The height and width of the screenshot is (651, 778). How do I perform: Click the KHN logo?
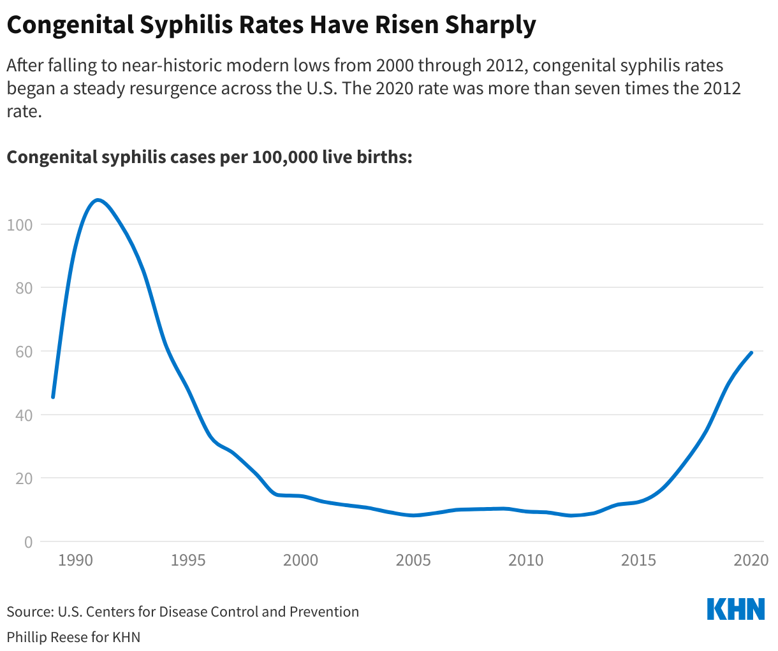[736, 609]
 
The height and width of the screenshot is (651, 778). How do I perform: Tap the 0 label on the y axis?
[27, 542]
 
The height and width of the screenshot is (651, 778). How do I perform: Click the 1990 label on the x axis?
[75, 561]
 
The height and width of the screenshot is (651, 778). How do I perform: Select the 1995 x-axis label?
[188, 561]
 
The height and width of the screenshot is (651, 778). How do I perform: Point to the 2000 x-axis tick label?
[300, 561]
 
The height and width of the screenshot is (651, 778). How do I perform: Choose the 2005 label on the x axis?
[413, 561]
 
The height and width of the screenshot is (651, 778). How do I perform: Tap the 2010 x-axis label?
[526, 561]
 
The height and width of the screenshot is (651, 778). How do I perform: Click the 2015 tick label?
[638, 561]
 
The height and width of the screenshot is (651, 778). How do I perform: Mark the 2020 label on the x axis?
[751, 561]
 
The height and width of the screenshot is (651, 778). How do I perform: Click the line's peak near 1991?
[97, 200]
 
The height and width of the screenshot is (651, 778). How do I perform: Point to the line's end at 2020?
[751, 352]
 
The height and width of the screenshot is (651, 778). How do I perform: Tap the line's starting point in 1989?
[53, 397]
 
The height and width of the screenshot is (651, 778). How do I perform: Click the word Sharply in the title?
[490, 25]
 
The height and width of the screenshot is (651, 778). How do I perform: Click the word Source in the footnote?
[29, 612]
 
